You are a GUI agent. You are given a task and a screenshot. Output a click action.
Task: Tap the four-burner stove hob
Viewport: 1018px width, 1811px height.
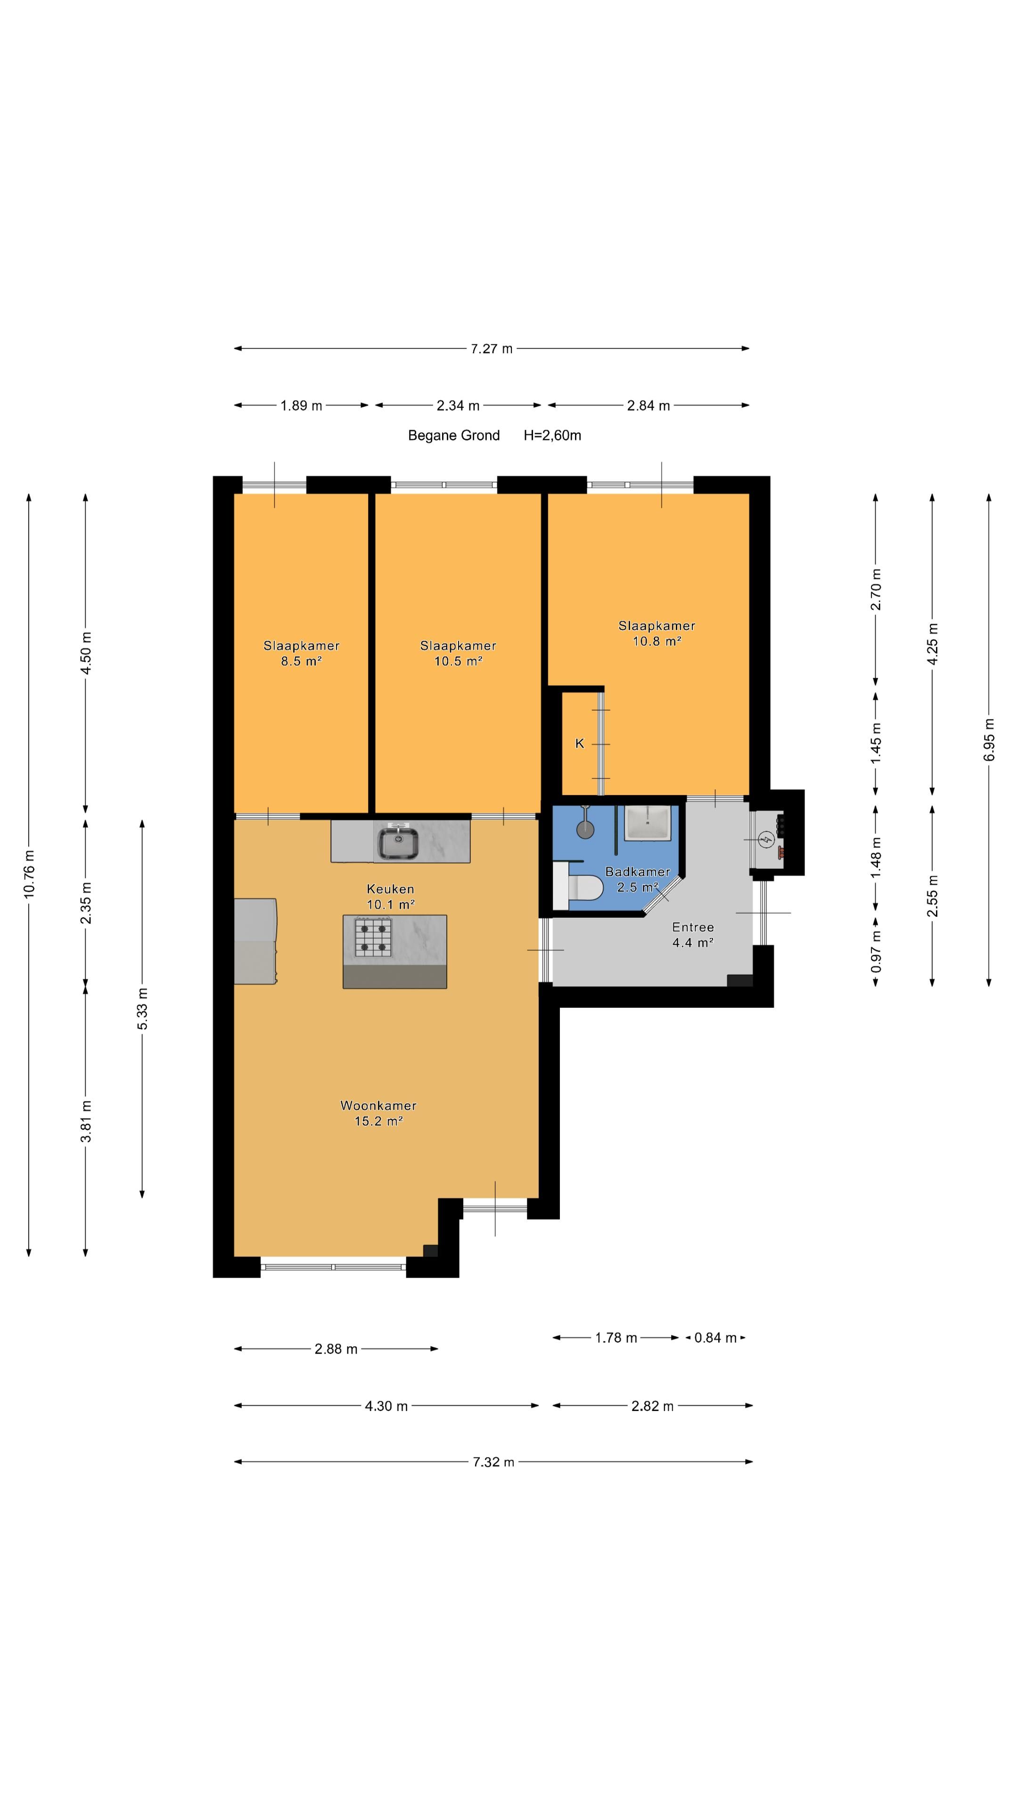tap(372, 937)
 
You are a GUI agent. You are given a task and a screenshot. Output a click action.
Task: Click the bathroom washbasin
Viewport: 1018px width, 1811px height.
tap(647, 822)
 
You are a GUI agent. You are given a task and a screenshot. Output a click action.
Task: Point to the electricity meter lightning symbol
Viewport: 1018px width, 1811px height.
tap(766, 838)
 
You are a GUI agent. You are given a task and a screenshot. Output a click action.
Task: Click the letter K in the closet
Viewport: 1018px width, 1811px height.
tap(580, 743)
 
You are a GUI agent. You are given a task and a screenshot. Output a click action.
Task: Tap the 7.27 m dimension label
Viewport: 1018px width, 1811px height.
tap(492, 349)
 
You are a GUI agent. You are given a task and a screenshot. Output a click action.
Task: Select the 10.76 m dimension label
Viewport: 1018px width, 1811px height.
tap(29, 874)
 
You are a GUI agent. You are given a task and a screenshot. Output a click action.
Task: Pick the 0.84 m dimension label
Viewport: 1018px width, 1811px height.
tap(715, 1338)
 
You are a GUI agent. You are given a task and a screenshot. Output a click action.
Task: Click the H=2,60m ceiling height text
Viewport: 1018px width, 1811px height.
tap(552, 435)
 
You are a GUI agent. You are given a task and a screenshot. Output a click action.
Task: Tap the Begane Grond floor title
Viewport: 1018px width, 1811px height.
tap(454, 435)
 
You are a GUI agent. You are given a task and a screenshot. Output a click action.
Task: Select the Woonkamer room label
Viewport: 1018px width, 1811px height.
tap(378, 1106)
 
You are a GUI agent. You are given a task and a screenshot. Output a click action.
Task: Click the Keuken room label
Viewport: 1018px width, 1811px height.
tap(391, 889)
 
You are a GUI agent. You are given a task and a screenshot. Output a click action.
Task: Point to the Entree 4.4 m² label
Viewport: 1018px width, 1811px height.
tap(693, 935)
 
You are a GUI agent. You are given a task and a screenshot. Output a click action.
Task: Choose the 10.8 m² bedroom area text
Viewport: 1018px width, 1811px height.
tap(657, 641)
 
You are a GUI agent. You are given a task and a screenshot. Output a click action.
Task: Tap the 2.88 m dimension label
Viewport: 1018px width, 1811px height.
tap(336, 1349)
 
